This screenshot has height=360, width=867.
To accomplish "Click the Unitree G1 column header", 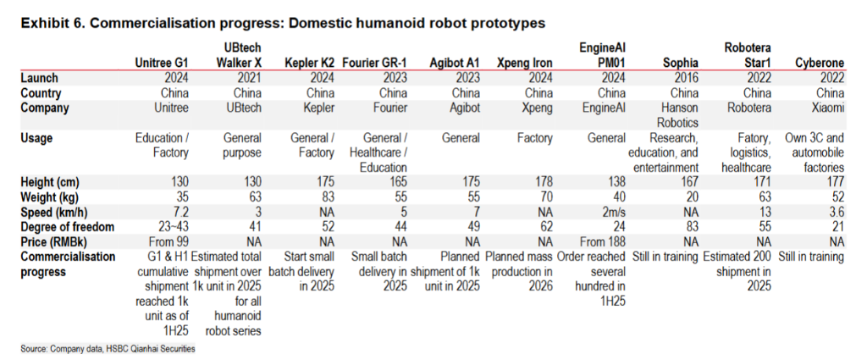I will [163, 63].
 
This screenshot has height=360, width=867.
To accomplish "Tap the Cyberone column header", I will [820, 63].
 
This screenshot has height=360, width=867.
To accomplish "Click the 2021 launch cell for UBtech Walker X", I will [240, 78].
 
